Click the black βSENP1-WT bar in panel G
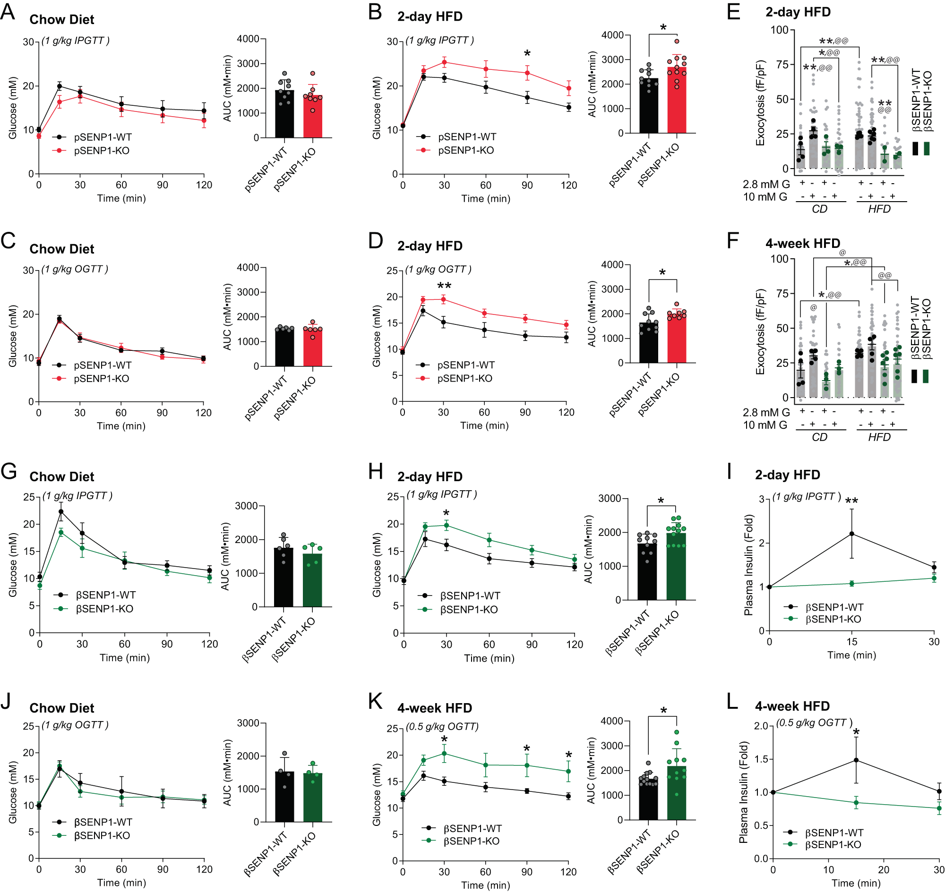283,577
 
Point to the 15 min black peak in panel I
851,534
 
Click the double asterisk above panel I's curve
851,501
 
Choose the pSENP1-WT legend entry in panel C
103,365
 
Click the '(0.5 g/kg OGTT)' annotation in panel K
442,727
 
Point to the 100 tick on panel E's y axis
780,30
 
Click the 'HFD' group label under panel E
879,209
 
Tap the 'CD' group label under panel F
819,437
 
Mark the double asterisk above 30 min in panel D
444,286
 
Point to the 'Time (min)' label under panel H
489,658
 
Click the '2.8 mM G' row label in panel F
765,412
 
